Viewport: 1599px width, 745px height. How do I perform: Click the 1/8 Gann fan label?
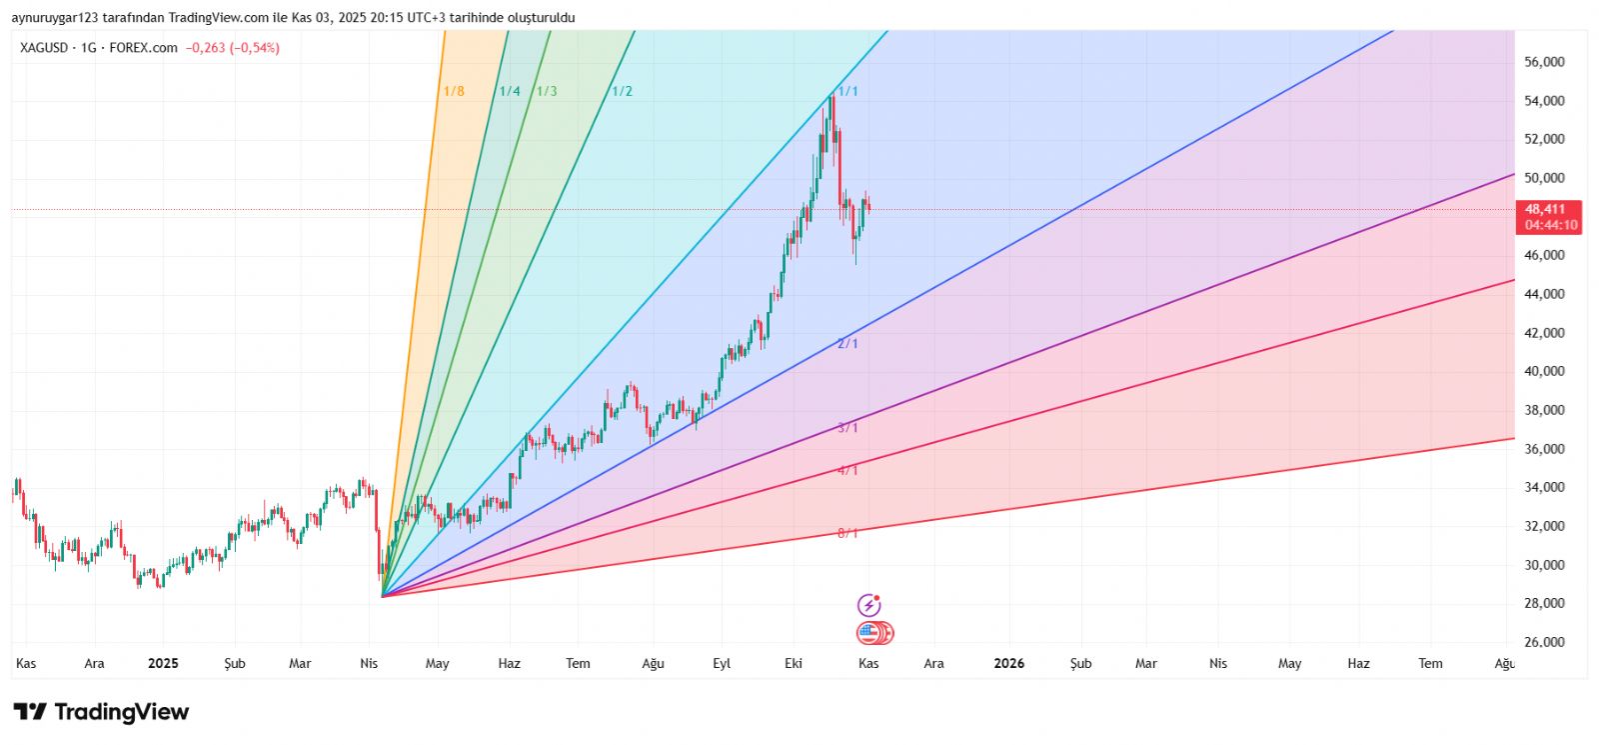(x=454, y=91)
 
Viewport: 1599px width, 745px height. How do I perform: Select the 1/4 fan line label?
(x=510, y=91)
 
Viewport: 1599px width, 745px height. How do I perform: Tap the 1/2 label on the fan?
(x=622, y=91)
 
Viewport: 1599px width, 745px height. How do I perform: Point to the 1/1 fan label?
(x=847, y=91)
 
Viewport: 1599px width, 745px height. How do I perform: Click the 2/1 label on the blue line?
(x=847, y=344)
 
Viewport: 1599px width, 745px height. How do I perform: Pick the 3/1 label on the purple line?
(x=847, y=428)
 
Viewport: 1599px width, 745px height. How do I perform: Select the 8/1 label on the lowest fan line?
(x=847, y=533)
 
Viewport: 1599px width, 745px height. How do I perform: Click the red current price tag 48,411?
(x=1545, y=209)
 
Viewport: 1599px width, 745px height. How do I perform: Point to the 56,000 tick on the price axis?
(x=1544, y=62)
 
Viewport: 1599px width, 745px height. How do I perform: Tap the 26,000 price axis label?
(x=1544, y=642)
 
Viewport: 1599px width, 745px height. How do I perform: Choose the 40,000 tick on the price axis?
(x=1544, y=371)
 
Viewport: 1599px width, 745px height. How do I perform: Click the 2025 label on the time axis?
(x=163, y=663)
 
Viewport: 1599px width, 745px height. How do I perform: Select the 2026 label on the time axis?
(x=1008, y=663)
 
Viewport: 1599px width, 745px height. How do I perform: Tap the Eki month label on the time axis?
(x=794, y=663)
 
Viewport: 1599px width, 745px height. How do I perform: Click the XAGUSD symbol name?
(x=44, y=48)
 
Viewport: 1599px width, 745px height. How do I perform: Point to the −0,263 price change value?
(x=206, y=48)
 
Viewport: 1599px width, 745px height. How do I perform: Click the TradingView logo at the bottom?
(x=101, y=712)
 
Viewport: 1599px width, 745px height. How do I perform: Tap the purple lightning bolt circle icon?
(x=869, y=605)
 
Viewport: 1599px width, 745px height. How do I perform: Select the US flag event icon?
(x=869, y=633)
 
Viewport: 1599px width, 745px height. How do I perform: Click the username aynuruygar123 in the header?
(x=55, y=18)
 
